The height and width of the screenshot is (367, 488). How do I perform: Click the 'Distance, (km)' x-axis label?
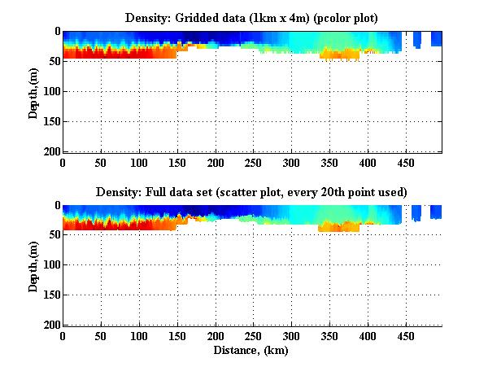pyautogui.click(x=252, y=351)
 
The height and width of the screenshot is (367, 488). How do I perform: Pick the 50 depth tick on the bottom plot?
pyautogui.click(x=54, y=235)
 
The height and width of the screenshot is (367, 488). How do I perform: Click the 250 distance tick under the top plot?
pyautogui.click(x=214, y=163)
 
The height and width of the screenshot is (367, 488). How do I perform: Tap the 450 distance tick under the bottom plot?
pyautogui.click(x=366, y=336)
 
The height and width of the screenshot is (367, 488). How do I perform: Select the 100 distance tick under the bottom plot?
pyautogui.click(x=137, y=336)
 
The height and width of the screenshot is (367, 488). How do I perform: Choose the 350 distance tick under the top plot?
pyautogui.click(x=290, y=163)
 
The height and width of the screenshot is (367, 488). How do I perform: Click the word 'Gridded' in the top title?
pyautogui.click(x=196, y=17)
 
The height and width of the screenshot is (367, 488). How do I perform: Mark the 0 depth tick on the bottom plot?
pyautogui.click(x=56, y=205)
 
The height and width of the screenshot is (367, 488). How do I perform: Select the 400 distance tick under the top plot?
pyautogui.click(x=329, y=163)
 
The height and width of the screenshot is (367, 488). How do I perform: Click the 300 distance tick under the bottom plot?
pyautogui.click(x=252, y=336)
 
